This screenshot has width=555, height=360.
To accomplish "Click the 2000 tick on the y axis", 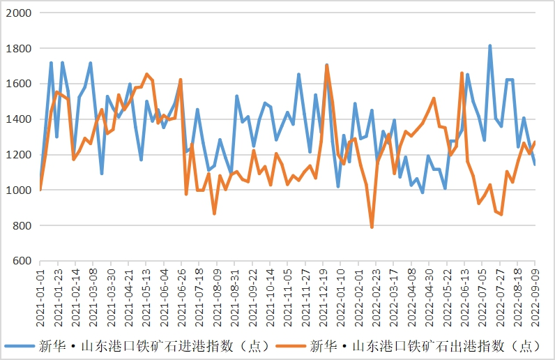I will [19, 13].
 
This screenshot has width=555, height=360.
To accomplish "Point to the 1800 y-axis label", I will [19, 49].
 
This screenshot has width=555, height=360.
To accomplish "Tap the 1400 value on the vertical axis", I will [19, 119].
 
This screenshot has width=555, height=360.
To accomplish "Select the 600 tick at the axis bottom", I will [22, 261].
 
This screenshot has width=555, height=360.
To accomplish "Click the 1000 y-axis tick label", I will [19, 190].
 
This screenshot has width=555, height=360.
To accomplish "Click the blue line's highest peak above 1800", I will [490, 46].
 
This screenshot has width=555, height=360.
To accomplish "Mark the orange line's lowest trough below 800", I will [372, 227].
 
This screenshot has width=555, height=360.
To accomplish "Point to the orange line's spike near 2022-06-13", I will [462, 73].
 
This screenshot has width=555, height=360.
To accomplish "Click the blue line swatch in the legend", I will [21, 345].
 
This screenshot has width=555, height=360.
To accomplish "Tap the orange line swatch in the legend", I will [291, 345].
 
